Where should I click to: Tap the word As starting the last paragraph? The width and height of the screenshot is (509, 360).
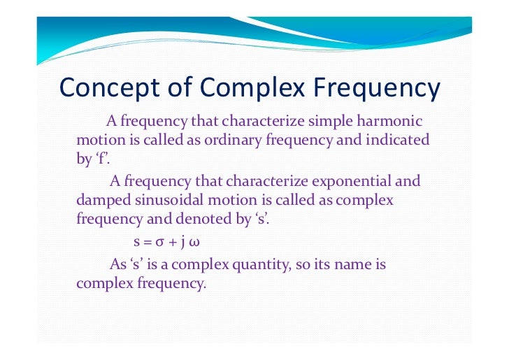point(117,266)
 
